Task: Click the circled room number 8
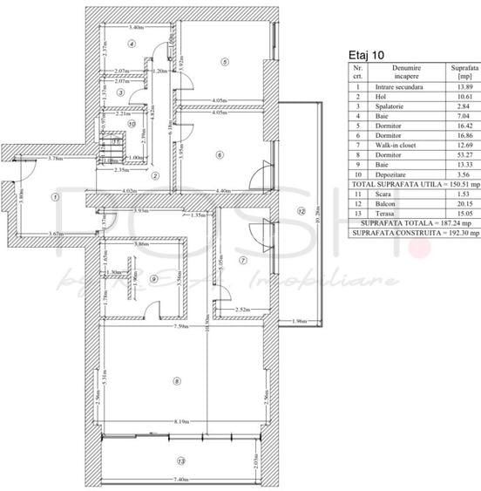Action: point(177,380)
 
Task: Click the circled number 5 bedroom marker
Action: point(224,62)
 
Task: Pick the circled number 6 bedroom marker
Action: point(220,154)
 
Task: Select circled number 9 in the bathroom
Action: point(153,279)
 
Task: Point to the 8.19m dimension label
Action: point(181,420)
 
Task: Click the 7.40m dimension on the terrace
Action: point(181,479)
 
